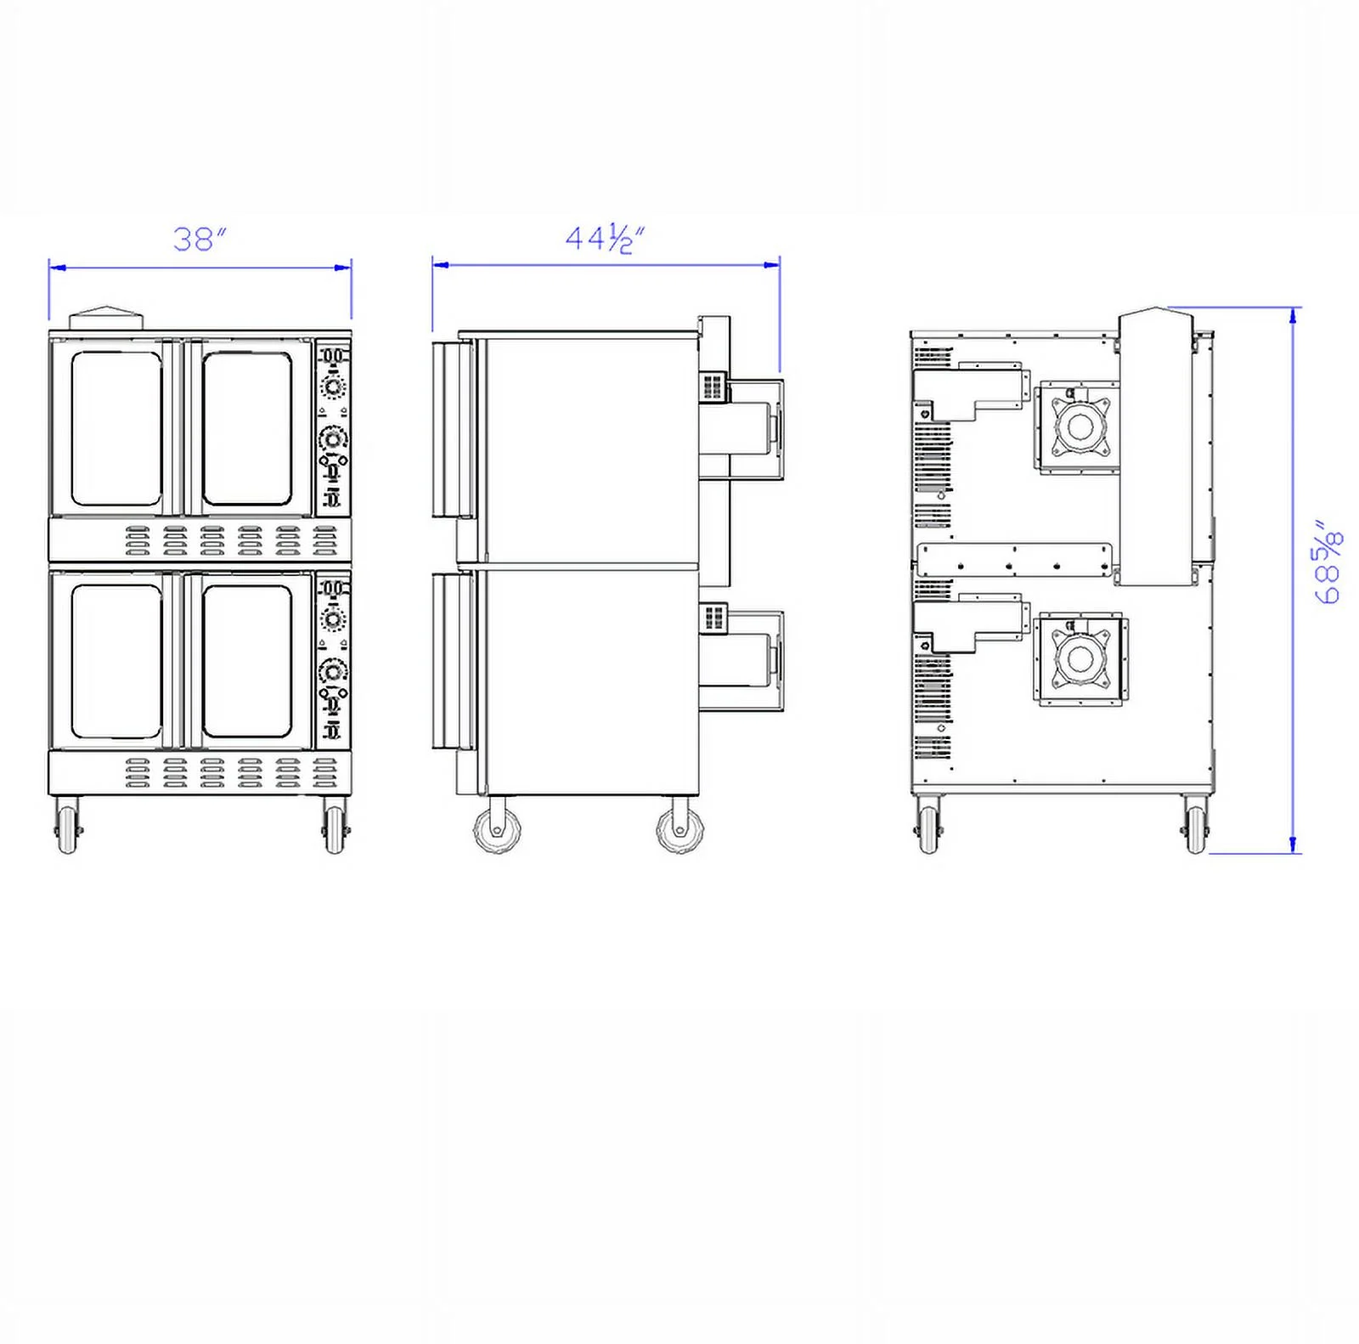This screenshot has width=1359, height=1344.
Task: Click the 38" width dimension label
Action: pos(200,239)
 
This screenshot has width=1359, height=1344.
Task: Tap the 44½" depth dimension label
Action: pos(605,238)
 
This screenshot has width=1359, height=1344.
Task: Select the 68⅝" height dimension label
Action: pos(1328,562)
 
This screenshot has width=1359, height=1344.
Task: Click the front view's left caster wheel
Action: pos(67,828)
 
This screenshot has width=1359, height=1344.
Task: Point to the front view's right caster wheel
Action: pos(334,828)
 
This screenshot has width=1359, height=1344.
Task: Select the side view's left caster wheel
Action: pos(498,829)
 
